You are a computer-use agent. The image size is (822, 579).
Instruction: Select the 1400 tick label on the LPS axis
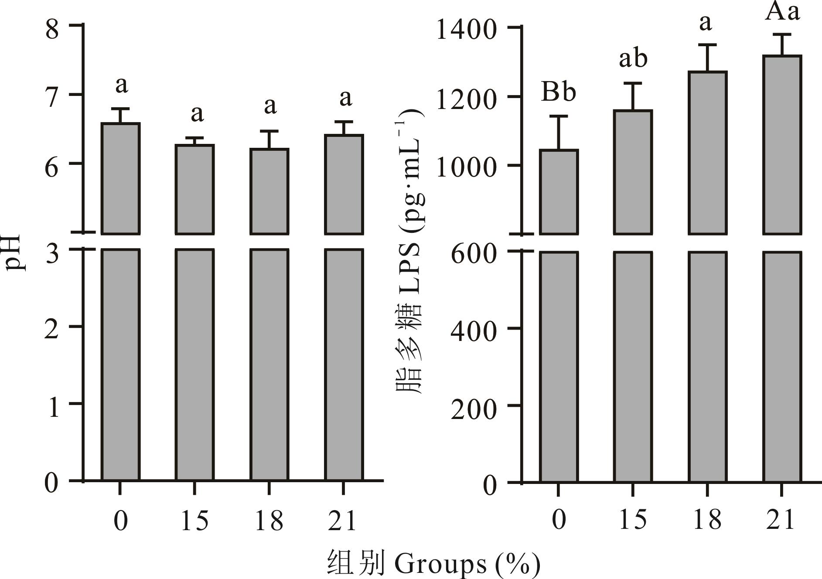pos(466,31)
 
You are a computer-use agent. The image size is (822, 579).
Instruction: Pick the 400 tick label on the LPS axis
pos(474,331)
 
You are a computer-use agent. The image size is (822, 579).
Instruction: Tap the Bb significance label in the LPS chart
pos(558,92)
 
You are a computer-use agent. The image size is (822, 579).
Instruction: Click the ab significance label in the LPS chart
pos(633,59)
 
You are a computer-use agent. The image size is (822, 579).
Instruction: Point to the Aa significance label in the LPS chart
pos(782,12)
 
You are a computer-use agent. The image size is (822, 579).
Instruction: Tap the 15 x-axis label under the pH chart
pos(194,521)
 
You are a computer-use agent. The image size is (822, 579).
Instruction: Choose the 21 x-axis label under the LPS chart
pos(781,520)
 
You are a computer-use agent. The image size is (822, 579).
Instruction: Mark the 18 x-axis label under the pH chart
pos(269,521)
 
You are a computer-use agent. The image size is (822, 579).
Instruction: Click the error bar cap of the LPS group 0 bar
pos(559,116)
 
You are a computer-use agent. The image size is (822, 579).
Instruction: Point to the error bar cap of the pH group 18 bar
pos(269,131)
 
